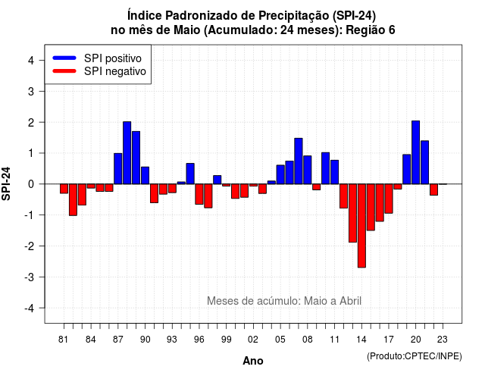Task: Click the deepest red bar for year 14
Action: tap(361, 226)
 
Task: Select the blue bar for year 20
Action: tap(416, 152)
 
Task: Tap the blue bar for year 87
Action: tap(118, 168)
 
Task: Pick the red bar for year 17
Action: tap(389, 199)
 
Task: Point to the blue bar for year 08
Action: tap(308, 170)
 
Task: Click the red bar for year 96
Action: tap(199, 194)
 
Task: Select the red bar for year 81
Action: tap(64, 189)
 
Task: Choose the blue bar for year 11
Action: tap(335, 172)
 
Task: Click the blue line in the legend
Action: tap(64, 58)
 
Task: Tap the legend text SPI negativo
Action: tap(114, 71)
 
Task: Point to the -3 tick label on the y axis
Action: tap(29, 277)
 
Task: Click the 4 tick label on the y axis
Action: tap(31, 61)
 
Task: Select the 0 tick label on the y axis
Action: tap(31, 184)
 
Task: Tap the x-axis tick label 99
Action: tap(226, 340)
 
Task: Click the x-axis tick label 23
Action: tap(443, 340)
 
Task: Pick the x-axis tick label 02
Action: tap(253, 340)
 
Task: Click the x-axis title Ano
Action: tap(253, 361)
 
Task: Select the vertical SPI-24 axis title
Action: tap(6, 183)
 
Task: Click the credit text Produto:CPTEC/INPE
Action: tap(415, 356)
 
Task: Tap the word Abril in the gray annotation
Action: tap(350, 301)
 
